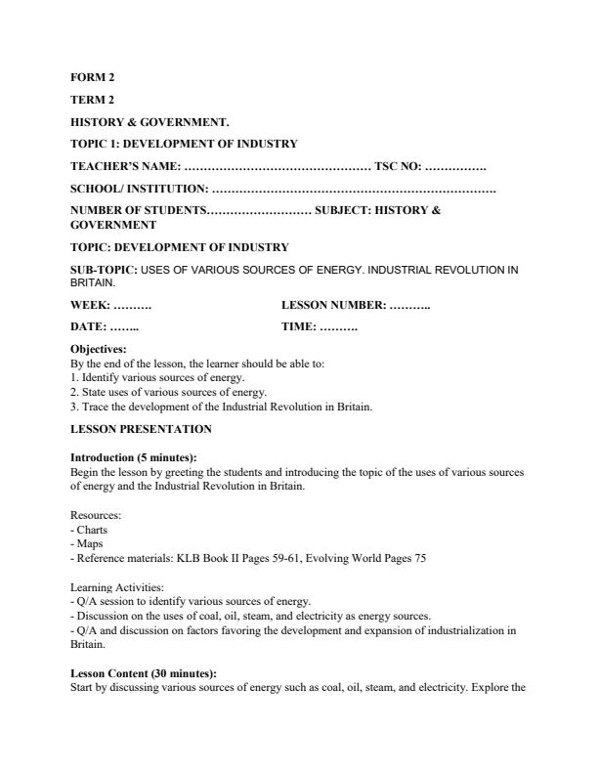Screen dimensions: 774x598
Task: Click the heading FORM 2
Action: pyautogui.click(x=93, y=77)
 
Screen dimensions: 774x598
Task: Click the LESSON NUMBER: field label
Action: pyautogui.click(x=333, y=305)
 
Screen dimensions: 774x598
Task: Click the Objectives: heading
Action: pyautogui.click(x=99, y=349)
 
